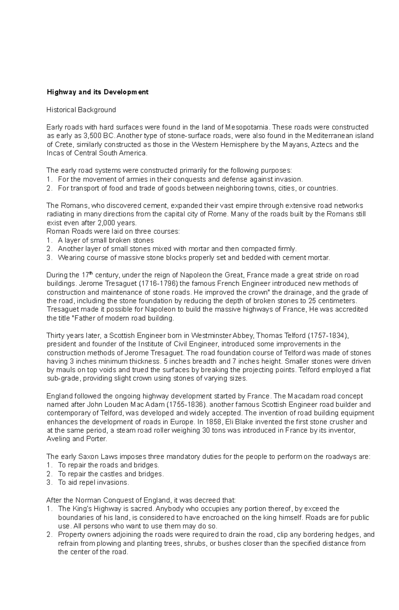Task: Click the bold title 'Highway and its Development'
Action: pyautogui.click(x=97, y=92)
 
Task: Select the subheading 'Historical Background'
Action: pyautogui.click(x=81, y=110)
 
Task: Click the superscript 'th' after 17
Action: pyautogui.click(x=91, y=273)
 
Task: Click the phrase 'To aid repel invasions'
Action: pyautogui.click(x=93, y=482)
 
